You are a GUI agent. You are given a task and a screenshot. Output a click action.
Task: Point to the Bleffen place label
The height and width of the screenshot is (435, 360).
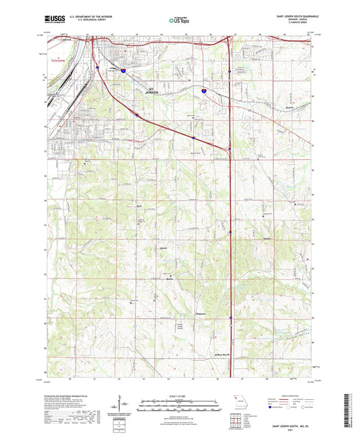point(170,278)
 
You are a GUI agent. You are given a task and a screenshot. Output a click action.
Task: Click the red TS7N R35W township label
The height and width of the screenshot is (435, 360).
point(60,59)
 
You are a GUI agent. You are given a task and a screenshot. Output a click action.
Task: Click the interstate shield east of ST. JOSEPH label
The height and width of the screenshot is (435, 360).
point(203,88)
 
